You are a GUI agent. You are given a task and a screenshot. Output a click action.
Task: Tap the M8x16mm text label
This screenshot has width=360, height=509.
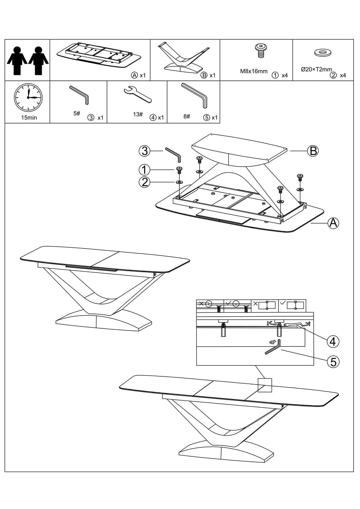coord(254,72)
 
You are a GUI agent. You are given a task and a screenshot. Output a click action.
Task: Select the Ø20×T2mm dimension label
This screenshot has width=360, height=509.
coord(316,70)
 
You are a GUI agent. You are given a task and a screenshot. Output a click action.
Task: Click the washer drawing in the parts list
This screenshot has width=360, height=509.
coord(323,53)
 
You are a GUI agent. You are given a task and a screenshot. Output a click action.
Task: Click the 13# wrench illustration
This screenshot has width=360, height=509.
coord(137,94)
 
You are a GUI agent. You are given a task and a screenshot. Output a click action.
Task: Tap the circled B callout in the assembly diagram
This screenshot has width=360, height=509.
coord(313,150)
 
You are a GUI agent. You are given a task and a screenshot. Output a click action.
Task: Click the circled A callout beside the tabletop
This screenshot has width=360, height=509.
coord(333,223)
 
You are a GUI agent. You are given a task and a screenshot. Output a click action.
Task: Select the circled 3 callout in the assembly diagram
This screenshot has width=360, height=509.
coord(145,151)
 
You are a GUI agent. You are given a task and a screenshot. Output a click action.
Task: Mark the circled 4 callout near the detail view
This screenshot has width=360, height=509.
coord(332,341)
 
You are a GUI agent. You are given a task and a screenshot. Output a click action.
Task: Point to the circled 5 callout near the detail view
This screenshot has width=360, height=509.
coord(333,362)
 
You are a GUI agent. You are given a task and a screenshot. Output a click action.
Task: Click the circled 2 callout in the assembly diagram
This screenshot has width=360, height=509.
coord(145,183)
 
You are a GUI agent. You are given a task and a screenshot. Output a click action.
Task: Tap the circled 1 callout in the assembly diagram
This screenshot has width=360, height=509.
coord(145,169)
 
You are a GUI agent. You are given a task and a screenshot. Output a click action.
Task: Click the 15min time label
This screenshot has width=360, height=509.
coord(29,118)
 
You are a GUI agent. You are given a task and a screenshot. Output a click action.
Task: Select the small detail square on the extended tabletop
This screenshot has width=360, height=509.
coord(265,385)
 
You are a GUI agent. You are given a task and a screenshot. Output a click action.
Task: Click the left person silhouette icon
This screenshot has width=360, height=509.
coord(17,60)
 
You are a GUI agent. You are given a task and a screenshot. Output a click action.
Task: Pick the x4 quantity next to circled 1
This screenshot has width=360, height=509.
coord(285,75)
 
